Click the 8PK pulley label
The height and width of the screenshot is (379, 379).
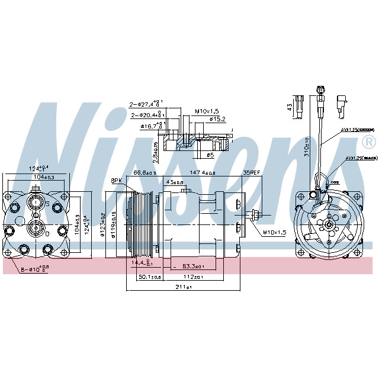coord(116,180)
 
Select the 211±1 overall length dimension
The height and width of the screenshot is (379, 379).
coord(184,287)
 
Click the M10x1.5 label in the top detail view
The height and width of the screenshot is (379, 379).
coord(207,111)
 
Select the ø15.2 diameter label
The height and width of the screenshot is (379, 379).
coord(218,119)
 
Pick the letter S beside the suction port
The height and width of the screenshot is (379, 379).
coord(47,203)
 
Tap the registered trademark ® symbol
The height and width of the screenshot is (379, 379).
coord(367,142)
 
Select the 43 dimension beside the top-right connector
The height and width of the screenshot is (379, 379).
coord(288,107)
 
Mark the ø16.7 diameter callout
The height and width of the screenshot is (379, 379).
coord(152,126)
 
